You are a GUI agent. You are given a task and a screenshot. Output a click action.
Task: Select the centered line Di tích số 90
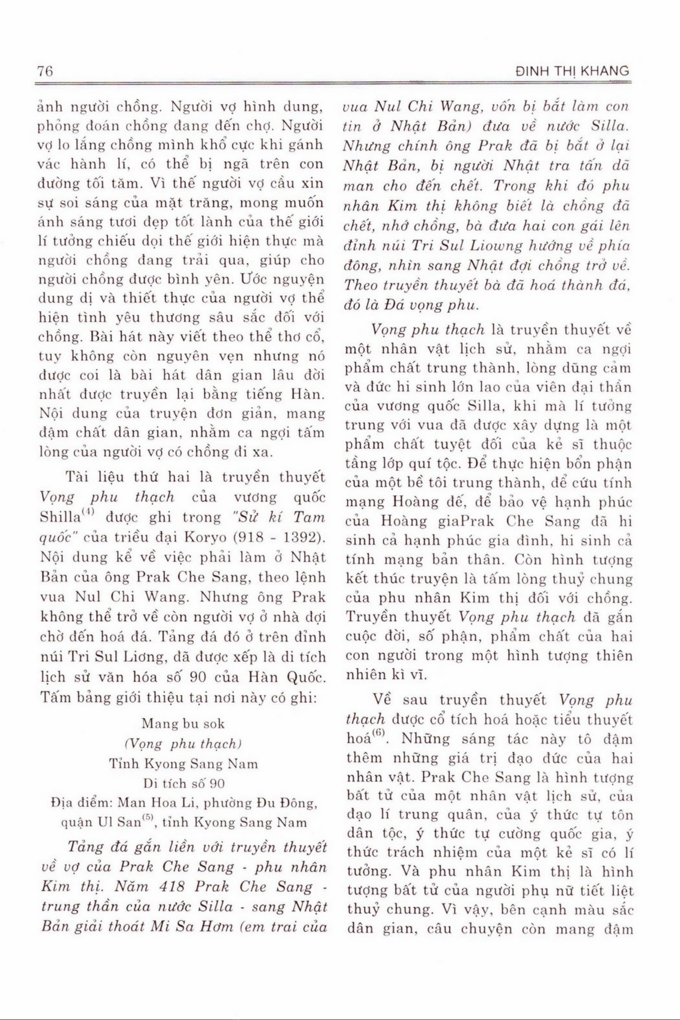[183, 784]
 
